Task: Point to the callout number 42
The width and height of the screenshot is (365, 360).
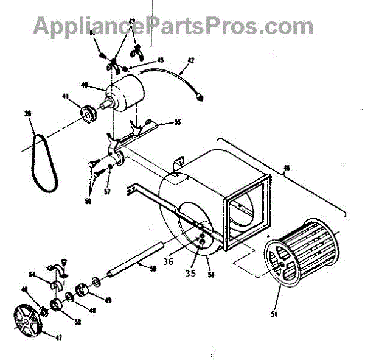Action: tap(190, 60)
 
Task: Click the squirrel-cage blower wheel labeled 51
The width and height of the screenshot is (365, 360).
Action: tap(298, 256)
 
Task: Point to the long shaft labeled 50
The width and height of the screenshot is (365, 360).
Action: tap(133, 258)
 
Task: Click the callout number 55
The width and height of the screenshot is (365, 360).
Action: tap(178, 122)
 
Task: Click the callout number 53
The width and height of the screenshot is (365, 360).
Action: tap(60, 320)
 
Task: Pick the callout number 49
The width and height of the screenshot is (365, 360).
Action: tap(109, 300)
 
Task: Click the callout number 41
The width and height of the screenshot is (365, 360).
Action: tap(80, 95)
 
